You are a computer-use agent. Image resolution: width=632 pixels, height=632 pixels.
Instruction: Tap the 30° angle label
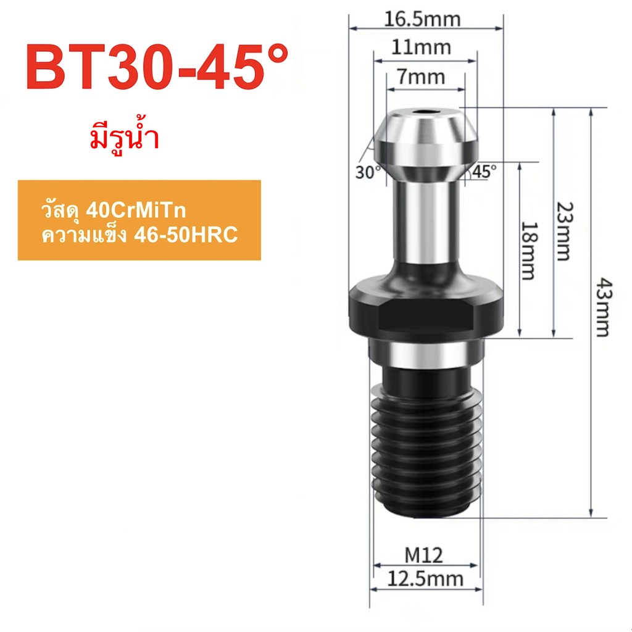(368, 172)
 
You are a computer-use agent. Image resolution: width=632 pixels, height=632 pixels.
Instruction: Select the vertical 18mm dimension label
(528, 251)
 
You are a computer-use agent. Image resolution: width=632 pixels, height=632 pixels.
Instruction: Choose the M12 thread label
(424, 556)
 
